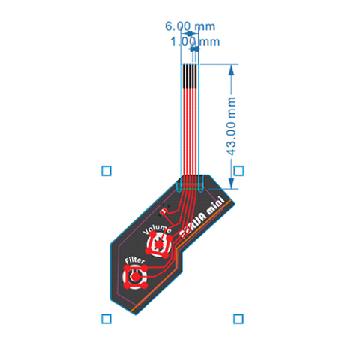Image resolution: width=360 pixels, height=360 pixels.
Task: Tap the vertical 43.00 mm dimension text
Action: pyautogui.click(x=232, y=126)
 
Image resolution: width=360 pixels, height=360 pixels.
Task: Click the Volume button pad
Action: pyautogui.click(x=159, y=242)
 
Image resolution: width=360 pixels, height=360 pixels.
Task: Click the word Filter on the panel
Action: pyautogui.click(x=133, y=259)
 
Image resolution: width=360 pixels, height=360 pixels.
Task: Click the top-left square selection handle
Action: pyautogui.click(x=106, y=171)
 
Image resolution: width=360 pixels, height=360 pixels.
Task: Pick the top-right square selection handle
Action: pyautogui.click(x=238, y=171)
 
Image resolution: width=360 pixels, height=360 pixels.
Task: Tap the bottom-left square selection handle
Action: pyautogui.click(x=106, y=319)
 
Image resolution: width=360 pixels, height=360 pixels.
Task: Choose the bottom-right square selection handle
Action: pyautogui.click(x=238, y=319)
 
